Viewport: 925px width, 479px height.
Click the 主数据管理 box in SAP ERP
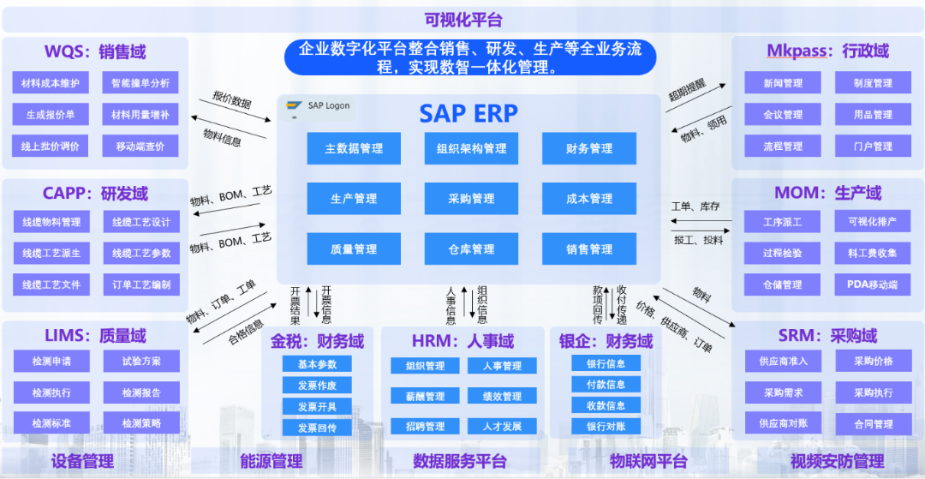354,148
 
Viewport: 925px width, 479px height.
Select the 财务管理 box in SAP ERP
589,148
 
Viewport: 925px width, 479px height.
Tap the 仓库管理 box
471,249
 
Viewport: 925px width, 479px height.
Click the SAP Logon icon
292,106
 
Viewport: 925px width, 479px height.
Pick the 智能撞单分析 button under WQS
140,83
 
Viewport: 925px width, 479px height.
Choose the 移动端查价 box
140,147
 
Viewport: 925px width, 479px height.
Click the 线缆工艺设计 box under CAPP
141,222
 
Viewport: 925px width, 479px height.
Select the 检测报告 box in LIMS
141,392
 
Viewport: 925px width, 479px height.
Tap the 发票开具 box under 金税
317,406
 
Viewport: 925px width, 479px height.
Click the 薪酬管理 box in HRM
419,397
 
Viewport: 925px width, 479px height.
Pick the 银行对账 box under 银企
606,426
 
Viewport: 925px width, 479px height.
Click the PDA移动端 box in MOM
873,284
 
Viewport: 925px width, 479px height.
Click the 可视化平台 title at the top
463,20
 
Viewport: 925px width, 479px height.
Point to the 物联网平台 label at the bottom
648,462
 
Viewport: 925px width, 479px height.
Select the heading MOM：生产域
827,192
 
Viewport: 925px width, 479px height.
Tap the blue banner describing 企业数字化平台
470,57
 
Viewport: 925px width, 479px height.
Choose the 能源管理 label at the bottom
271,462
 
